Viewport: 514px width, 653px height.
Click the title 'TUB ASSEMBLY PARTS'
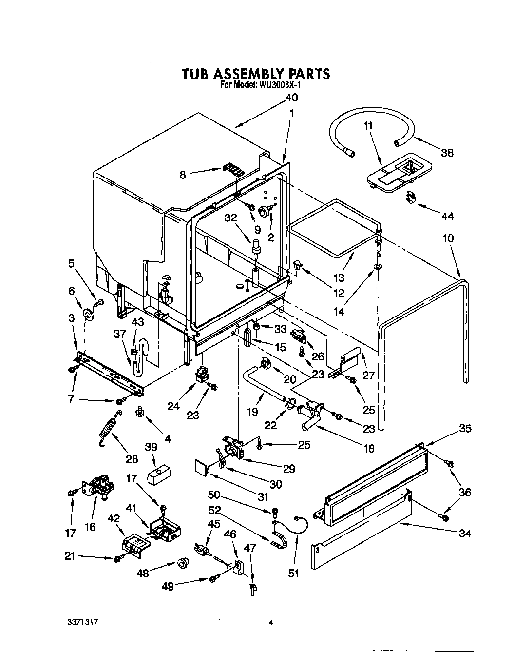click(256, 74)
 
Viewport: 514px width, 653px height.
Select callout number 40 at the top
click(291, 98)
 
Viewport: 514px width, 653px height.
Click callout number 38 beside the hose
click(446, 153)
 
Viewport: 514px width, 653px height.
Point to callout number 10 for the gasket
click(448, 238)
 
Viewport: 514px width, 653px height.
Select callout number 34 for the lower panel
click(465, 533)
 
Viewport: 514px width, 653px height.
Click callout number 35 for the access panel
click(465, 429)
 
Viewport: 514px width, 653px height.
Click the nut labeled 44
click(411, 198)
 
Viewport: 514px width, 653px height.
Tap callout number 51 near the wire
click(292, 574)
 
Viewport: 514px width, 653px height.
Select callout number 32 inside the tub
click(231, 218)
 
